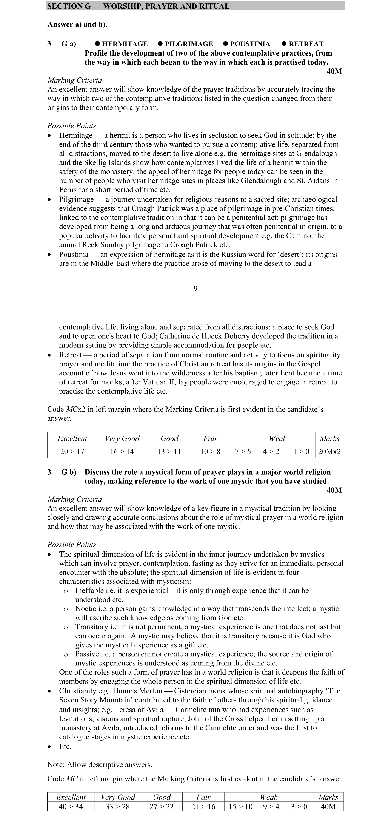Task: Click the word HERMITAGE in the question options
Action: point(125,44)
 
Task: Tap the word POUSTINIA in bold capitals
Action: point(250,44)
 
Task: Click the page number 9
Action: point(195,288)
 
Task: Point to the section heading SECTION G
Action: point(69,6)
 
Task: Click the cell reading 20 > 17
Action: point(72,451)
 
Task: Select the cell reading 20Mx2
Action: point(329,451)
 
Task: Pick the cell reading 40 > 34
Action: point(71,806)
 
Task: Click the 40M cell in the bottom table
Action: point(328,806)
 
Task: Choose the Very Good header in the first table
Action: point(122,438)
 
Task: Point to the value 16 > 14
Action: point(122,451)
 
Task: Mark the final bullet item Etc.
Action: point(65,746)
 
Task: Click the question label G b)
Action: point(69,472)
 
